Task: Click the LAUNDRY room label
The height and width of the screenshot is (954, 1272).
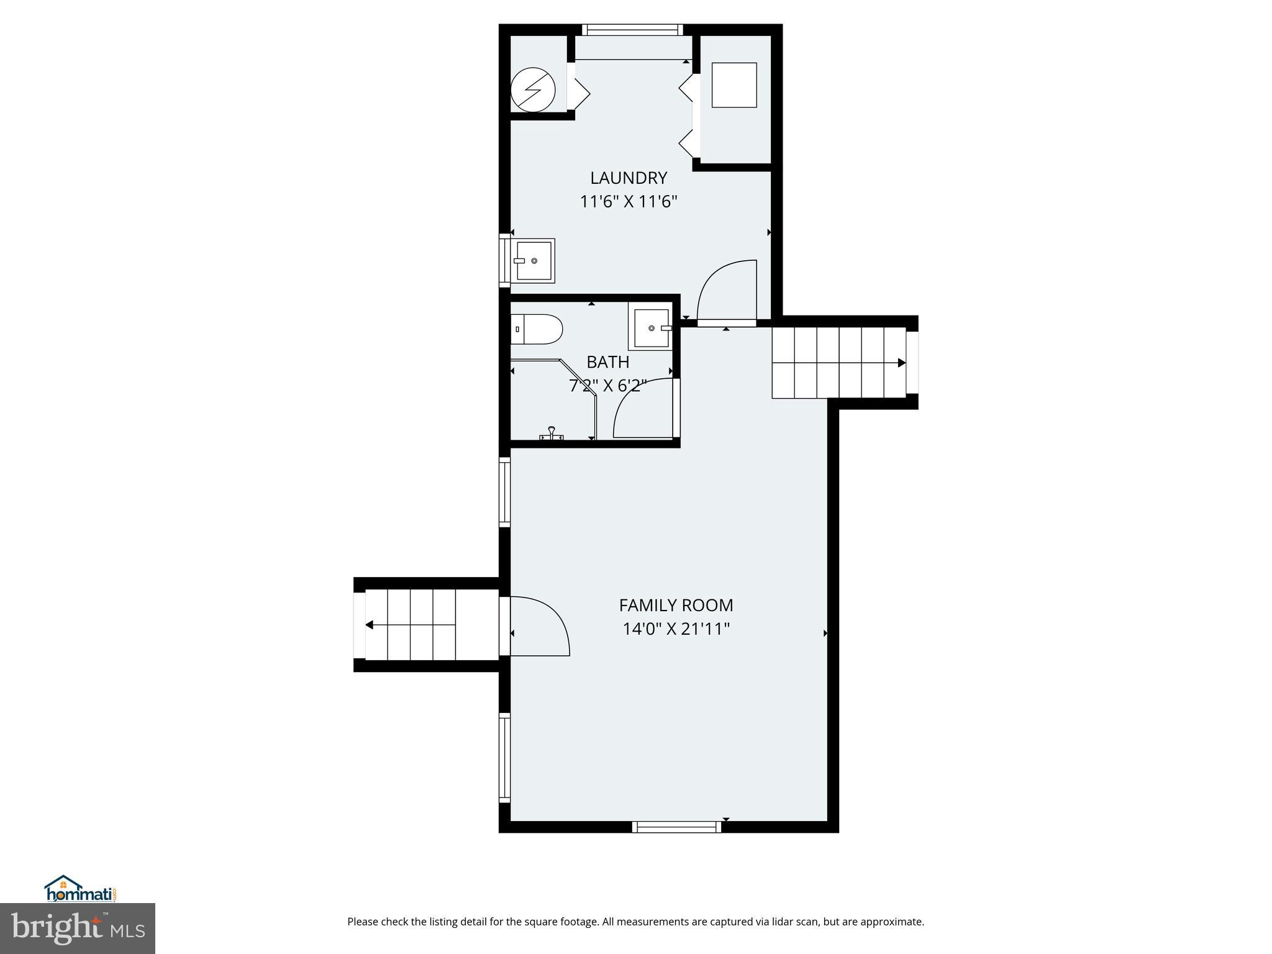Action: [x=628, y=178]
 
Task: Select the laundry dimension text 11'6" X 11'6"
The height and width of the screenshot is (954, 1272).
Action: [x=628, y=202]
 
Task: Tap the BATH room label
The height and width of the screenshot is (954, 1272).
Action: [x=607, y=362]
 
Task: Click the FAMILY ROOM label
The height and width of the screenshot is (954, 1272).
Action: [x=676, y=605]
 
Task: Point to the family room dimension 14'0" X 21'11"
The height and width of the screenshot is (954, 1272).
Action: [x=676, y=629]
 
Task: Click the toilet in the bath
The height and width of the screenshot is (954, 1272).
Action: [x=537, y=329]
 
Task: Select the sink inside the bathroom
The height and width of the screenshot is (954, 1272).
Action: [x=651, y=327]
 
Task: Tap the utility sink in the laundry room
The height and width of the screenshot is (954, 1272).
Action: [x=534, y=261]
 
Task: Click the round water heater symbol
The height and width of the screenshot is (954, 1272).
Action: [x=532, y=90]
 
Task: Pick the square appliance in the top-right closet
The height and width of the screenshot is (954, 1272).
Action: [x=734, y=85]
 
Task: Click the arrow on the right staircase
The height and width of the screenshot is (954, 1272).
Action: [x=901, y=363]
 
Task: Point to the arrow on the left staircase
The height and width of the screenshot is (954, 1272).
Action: [x=370, y=625]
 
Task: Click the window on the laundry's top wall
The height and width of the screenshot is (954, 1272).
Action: [x=632, y=30]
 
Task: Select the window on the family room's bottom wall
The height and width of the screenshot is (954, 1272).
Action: [x=676, y=827]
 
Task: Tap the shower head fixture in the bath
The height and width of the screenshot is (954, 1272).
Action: [x=551, y=433]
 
